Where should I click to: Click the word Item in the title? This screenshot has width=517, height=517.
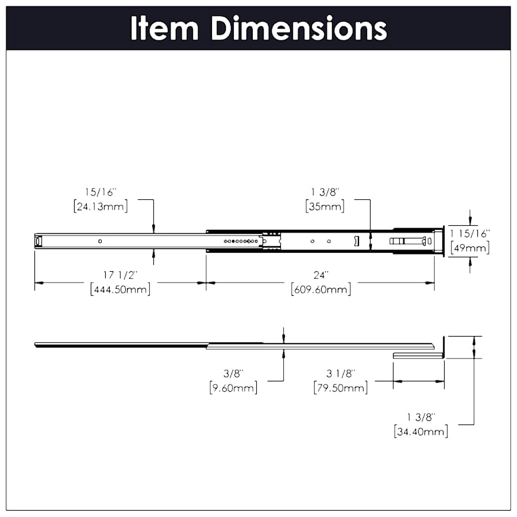[164, 28]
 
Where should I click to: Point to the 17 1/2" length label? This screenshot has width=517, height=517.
[121, 275]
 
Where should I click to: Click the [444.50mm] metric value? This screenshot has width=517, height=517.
[121, 289]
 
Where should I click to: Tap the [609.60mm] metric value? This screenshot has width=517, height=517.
[321, 289]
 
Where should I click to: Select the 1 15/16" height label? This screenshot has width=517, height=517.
[470, 234]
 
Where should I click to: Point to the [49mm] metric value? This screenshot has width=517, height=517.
[470, 248]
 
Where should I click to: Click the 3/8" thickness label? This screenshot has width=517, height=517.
[233, 374]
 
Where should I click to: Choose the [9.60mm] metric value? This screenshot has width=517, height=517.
[233, 388]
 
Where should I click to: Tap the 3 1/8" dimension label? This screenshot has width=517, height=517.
[341, 374]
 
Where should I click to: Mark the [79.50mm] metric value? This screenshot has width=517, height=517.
[341, 388]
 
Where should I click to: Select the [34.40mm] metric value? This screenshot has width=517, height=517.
[421, 431]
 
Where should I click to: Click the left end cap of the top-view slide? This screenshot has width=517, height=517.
[38, 241]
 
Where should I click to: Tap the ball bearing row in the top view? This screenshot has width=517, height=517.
[240, 241]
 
